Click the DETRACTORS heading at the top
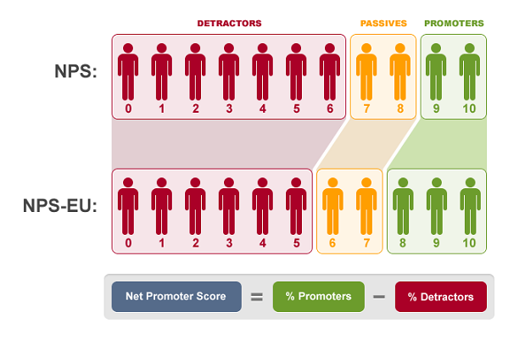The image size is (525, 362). [x=229, y=23]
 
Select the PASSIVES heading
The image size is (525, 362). [x=383, y=23]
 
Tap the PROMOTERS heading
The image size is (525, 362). [x=454, y=23]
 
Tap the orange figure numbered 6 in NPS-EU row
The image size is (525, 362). [x=332, y=201]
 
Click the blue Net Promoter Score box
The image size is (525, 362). [x=176, y=297]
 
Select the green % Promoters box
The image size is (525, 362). [x=318, y=297]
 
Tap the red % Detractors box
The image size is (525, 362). [x=440, y=297]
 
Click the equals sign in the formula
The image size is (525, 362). [x=257, y=297]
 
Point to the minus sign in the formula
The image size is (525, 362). [x=379, y=297]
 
